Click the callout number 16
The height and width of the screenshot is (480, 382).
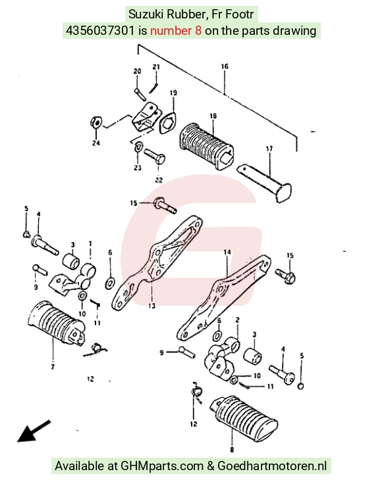[225, 66]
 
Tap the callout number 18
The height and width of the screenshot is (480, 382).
[213, 116]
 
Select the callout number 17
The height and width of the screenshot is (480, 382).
[269, 149]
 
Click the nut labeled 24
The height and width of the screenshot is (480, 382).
[96, 122]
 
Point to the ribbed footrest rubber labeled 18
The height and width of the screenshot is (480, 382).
[205, 146]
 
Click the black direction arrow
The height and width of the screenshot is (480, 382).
[34, 431]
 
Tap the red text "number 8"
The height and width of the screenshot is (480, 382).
[176, 31]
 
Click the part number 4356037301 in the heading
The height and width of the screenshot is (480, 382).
[100, 31]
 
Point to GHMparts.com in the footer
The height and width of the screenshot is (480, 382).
[162, 466]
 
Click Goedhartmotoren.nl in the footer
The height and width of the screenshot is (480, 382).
[272, 466]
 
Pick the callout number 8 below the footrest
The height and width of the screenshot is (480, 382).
[232, 449]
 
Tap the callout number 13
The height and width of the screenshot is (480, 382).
[151, 306]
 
